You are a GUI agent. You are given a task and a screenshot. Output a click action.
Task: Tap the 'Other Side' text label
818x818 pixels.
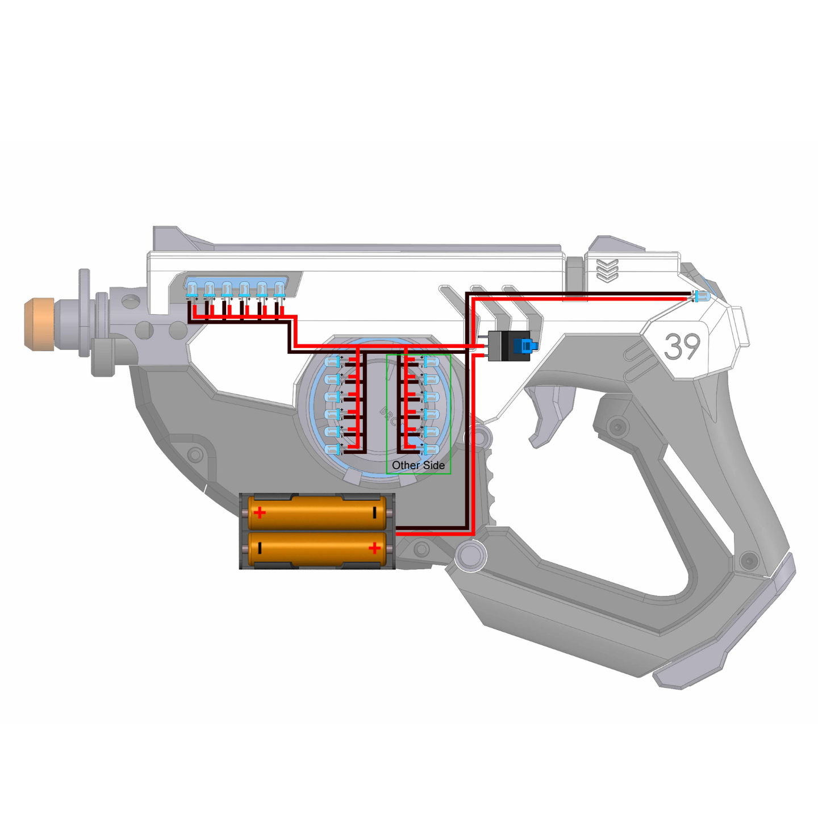[418, 465]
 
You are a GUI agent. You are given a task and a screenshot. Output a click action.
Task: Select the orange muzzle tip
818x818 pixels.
[39, 324]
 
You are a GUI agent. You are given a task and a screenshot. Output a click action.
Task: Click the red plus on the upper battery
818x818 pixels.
[260, 513]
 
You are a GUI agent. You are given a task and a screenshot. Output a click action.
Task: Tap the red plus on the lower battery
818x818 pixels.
[374, 548]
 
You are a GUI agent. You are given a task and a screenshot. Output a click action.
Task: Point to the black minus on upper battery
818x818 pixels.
[374, 513]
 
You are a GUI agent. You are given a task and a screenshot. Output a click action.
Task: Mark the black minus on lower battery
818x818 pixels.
[260, 548]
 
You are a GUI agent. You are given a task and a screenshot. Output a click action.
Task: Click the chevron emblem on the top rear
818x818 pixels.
[607, 270]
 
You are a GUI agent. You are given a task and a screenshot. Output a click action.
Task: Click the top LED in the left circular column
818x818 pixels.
[333, 361]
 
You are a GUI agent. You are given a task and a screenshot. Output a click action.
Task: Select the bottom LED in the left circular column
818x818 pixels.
[333, 449]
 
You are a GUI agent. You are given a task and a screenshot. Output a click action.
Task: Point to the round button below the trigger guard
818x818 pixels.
[470, 556]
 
